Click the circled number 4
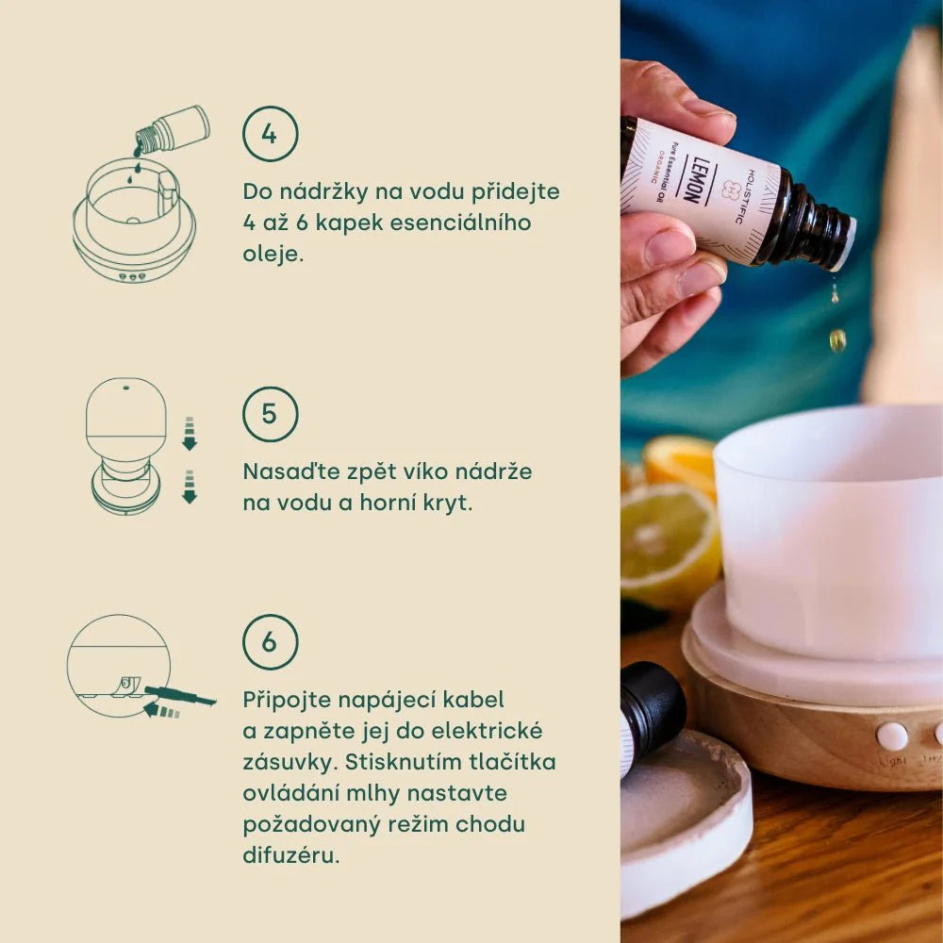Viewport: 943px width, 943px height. tap(270, 134)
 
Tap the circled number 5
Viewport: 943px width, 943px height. tap(270, 414)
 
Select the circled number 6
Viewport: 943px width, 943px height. tap(270, 641)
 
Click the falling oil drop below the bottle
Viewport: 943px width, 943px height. tap(837, 339)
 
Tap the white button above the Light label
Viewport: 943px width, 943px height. tap(892, 736)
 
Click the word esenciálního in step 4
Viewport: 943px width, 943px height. tap(461, 223)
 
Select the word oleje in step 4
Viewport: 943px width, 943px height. tap(273, 254)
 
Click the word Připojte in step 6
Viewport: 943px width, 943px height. tap(287, 700)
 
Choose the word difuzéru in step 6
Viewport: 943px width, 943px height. tap(291, 855)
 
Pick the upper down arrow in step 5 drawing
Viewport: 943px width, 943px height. tap(190, 433)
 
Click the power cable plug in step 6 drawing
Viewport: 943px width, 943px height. tap(180, 696)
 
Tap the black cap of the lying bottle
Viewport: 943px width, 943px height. tap(652, 703)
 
